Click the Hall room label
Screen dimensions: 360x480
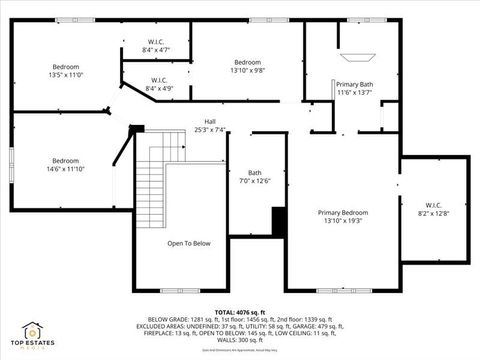210,121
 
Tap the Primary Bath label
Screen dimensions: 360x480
354,84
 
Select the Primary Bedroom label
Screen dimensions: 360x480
343,212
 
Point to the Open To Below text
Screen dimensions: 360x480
188,243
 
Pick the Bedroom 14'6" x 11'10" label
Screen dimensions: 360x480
65,165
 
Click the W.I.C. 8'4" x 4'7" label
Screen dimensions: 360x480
155,45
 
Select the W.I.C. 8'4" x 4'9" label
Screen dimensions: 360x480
159,84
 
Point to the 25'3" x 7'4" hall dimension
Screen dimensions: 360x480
210,128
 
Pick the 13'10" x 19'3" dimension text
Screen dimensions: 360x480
343,220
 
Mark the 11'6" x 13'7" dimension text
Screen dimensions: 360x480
354,92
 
